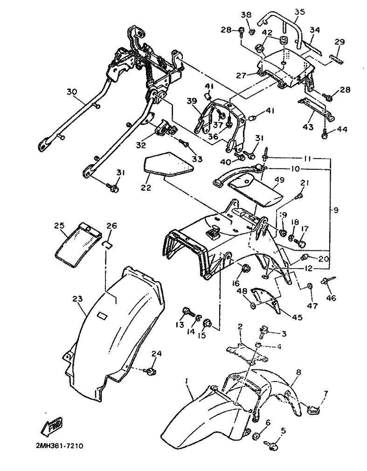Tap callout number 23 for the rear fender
[x=78, y=299]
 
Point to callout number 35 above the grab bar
[x=299, y=12]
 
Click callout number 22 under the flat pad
[x=145, y=187]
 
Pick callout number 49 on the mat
[x=279, y=180]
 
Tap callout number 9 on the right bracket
[x=335, y=210]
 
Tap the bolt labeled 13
[x=187, y=311]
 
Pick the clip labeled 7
[x=313, y=409]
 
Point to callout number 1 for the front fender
[x=187, y=381]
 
